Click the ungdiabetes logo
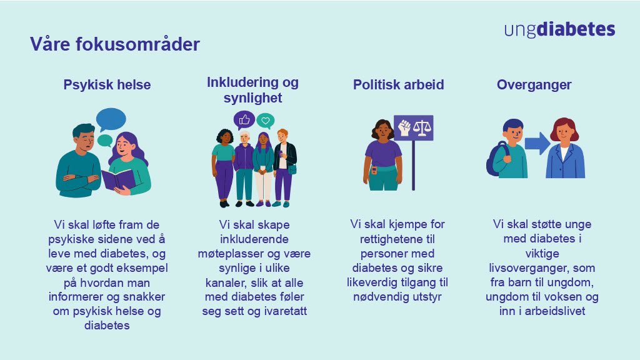[x=559, y=30]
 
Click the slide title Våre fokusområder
[x=115, y=45]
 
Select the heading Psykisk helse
[x=107, y=84]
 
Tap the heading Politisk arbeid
[x=398, y=84]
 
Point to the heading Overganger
[x=534, y=84]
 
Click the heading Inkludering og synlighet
[x=252, y=90]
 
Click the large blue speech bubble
[x=111, y=119]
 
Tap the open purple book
[x=119, y=180]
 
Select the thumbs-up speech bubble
[x=244, y=119]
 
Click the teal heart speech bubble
[x=266, y=120]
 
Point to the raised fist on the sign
[x=404, y=127]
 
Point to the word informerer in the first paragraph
[x=77, y=296]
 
